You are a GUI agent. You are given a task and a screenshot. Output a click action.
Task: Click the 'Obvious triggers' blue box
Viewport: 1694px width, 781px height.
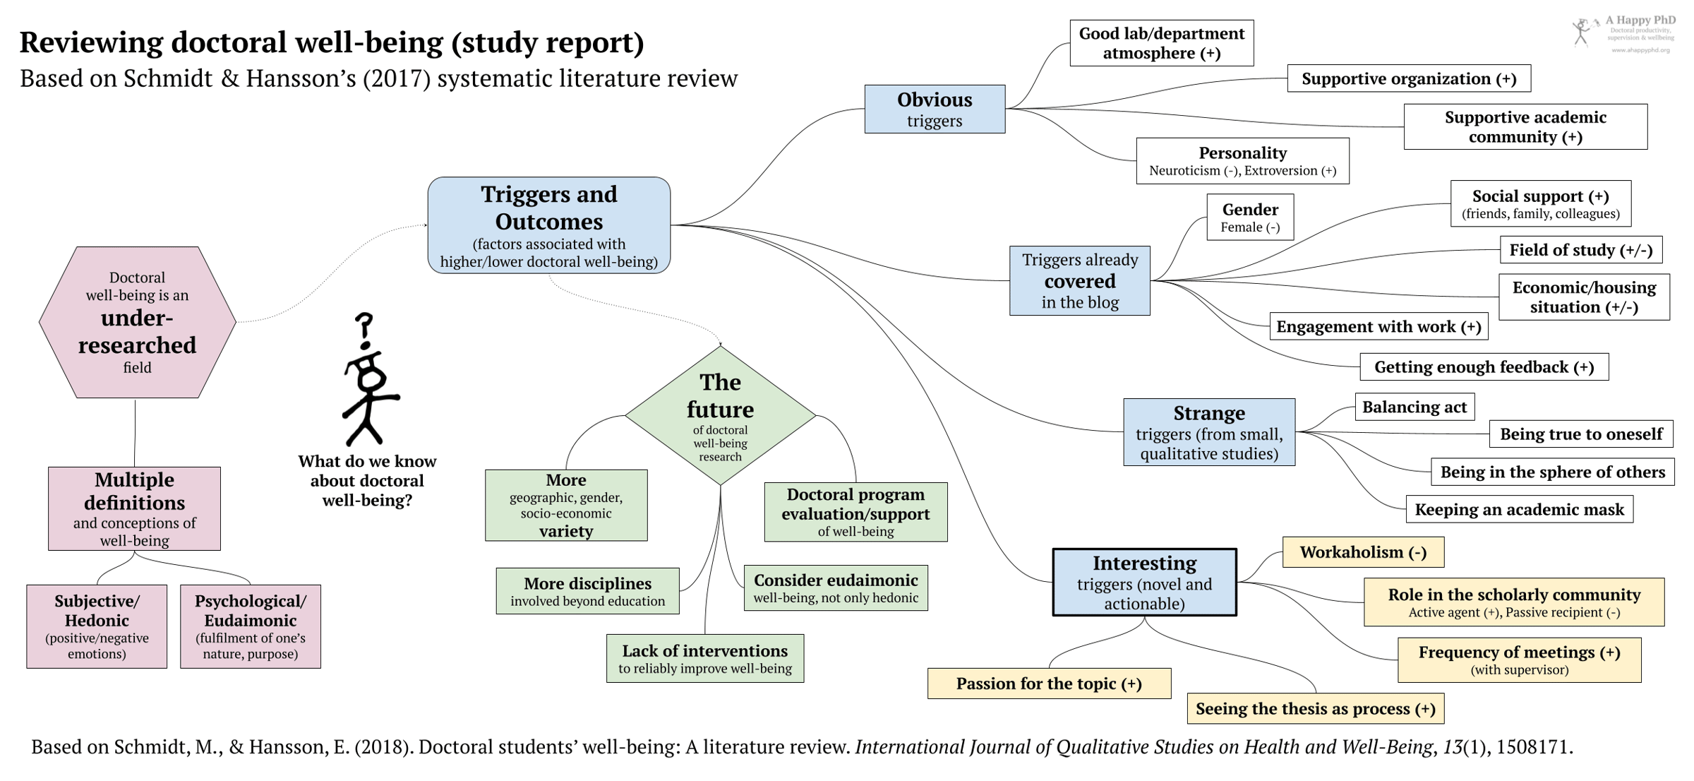934,109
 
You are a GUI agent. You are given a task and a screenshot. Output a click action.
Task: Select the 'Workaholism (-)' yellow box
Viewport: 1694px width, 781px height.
1362,552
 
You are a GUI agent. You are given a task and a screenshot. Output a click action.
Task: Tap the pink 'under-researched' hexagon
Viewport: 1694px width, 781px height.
137,322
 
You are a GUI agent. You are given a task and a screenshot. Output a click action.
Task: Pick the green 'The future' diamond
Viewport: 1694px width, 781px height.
720,415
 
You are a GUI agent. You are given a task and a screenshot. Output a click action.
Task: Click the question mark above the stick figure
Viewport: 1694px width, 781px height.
364,329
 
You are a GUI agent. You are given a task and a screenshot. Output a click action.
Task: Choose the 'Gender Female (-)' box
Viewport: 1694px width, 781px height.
1249,217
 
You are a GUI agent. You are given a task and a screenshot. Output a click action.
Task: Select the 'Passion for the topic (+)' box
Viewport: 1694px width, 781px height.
1048,684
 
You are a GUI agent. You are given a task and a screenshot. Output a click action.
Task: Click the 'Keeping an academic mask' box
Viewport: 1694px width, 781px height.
1518,509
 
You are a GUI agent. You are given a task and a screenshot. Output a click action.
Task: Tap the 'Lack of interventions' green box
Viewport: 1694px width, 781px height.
704,658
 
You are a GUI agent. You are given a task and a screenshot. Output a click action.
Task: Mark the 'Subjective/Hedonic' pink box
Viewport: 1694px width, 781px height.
97,626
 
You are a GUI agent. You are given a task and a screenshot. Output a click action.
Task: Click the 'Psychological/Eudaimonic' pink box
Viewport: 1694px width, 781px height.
250,626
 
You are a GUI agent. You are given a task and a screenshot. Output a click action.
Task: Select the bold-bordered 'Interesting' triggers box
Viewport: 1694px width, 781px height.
1143,582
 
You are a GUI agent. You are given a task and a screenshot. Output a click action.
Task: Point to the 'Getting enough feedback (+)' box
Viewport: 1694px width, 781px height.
1484,367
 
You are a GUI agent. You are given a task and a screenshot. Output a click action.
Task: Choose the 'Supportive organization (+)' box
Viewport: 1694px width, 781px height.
1408,78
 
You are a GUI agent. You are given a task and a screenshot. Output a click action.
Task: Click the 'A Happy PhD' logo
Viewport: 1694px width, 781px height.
1623,34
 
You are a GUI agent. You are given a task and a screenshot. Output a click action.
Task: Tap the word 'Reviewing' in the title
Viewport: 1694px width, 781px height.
91,42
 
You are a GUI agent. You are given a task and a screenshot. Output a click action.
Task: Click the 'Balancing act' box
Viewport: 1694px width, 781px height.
1414,407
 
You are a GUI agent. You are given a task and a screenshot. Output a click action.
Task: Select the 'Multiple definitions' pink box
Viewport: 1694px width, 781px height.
134,508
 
